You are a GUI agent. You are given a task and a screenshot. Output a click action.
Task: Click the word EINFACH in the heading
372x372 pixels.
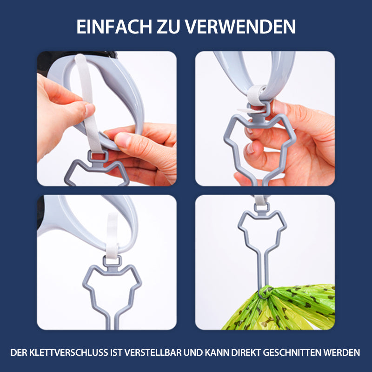coord(114,27)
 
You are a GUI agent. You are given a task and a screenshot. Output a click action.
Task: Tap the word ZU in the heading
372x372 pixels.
coord(168,27)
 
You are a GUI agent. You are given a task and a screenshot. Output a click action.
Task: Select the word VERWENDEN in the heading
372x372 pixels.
coord(240,27)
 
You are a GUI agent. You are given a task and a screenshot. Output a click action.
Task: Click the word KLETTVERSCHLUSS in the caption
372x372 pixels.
coord(68,352)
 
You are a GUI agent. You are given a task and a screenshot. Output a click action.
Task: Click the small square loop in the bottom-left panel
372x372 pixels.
coord(112,261)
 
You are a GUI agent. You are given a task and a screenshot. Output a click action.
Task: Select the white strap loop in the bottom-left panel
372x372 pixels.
coord(112,235)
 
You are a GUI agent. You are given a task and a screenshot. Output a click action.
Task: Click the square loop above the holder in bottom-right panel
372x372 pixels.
coord(262,207)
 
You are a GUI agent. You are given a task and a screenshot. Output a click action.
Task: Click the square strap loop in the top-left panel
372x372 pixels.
coord(98,156)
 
